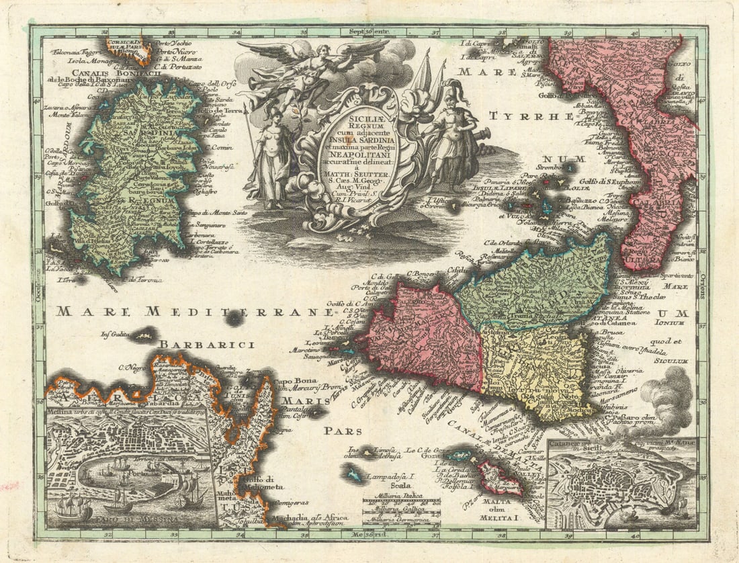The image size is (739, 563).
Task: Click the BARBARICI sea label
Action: point(216,345)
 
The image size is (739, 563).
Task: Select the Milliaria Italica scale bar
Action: point(401,501)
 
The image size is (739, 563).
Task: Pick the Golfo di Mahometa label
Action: point(263,482)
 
